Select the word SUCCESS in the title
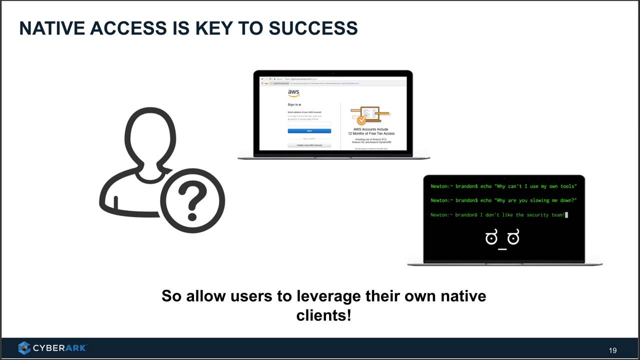pyautogui.click(x=313, y=28)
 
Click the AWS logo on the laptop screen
pyautogui.click(x=293, y=93)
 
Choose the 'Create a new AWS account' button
pyautogui.click(x=309, y=145)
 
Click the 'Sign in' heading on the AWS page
pyautogui.click(x=293, y=104)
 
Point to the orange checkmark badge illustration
pyautogui.click(x=361, y=119)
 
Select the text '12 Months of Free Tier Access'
pyautogui.click(x=371, y=133)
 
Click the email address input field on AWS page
pyautogui.click(x=309, y=123)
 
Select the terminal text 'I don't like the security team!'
pyautogui.click(x=522, y=215)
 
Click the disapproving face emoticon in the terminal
pyautogui.click(x=502, y=238)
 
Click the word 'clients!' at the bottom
pyautogui.click(x=323, y=315)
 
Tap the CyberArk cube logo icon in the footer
pyautogui.click(x=24, y=348)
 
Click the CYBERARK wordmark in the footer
pyautogui.click(x=59, y=348)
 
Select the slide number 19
pyautogui.click(x=612, y=350)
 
